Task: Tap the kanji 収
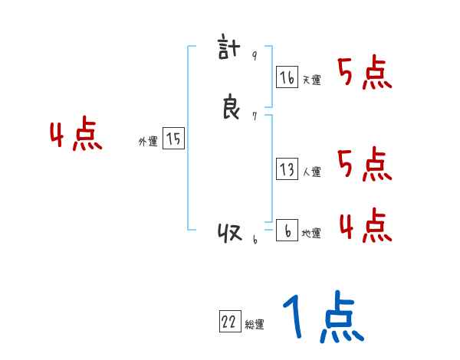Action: pyautogui.click(x=230, y=233)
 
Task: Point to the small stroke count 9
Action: pyautogui.click(x=255, y=57)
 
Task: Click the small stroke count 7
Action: pyautogui.click(x=255, y=116)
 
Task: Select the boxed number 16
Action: pyautogui.click(x=287, y=77)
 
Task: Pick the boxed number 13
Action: pyautogui.click(x=287, y=169)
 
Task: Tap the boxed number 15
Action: pyautogui.click(x=173, y=139)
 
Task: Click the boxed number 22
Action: pyautogui.click(x=229, y=322)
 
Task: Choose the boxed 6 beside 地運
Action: pyautogui.click(x=287, y=231)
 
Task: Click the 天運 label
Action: pyautogui.click(x=311, y=80)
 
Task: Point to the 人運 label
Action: pyautogui.click(x=311, y=172)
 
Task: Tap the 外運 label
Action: pyautogui.click(x=148, y=142)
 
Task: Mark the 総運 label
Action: pyautogui.click(x=255, y=325)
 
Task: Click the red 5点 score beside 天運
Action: pyautogui.click(x=365, y=74)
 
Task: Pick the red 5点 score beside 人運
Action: pyautogui.click(x=365, y=164)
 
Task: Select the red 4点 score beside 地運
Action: pyautogui.click(x=365, y=225)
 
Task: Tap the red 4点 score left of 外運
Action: pyautogui.click(x=76, y=136)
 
